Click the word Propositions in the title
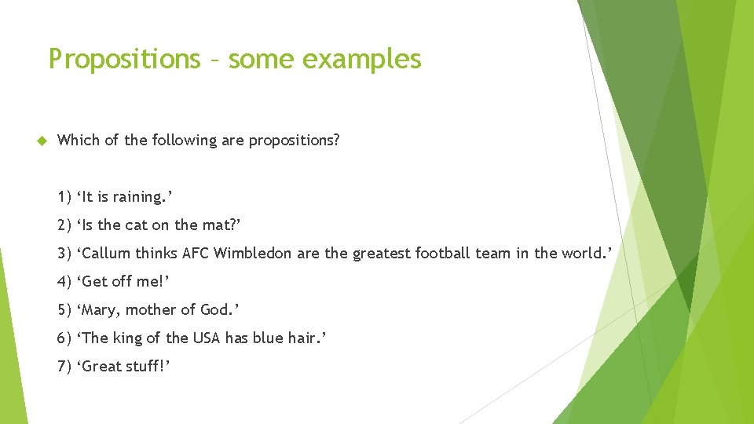coord(124,60)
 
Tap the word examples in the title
coord(364,60)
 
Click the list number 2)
coord(64,225)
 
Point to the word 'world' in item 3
coord(580,253)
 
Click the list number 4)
coord(64,281)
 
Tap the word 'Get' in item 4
coord(94,281)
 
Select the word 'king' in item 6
coord(127,338)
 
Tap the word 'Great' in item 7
coord(102,366)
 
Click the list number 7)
coord(64,366)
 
